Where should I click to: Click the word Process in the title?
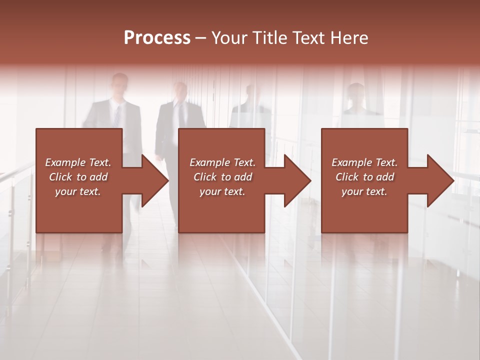click(157, 38)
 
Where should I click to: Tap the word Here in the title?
click(348, 38)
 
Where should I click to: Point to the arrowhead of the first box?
click(155, 180)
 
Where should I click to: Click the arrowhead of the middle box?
click(298, 180)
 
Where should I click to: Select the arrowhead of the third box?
click(440, 180)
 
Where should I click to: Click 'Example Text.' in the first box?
click(78, 162)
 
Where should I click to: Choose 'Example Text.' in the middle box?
click(222, 162)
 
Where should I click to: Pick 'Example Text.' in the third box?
click(364, 162)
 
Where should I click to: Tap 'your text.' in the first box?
click(78, 191)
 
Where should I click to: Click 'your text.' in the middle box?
click(222, 191)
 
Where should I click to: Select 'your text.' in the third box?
click(364, 191)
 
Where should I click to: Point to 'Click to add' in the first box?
click(78, 177)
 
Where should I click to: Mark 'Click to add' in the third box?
click(364, 177)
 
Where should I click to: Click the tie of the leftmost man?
click(117, 116)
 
